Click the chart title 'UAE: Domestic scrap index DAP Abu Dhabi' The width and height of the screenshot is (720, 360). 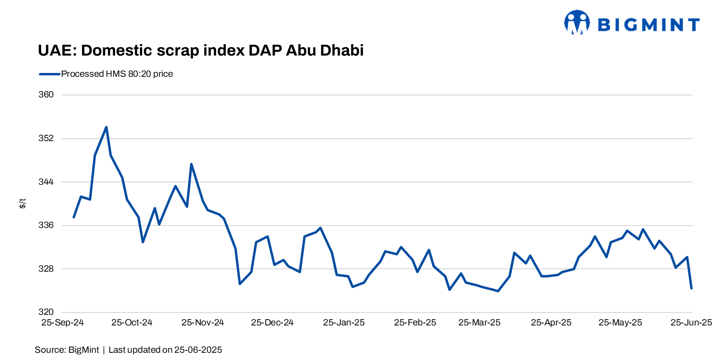(201, 50)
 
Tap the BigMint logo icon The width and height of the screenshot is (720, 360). (576, 23)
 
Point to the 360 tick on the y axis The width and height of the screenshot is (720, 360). (46, 95)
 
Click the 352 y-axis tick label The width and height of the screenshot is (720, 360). (46, 139)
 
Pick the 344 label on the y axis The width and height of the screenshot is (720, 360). (46, 182)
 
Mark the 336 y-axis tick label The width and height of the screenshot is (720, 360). (46, 226)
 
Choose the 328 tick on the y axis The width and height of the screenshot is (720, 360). (46, 269)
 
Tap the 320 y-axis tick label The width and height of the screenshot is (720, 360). (46, 312)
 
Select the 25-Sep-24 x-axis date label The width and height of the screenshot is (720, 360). (62, 323)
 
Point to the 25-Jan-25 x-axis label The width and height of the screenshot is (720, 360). (344, 323)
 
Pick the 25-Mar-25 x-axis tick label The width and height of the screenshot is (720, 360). (480, 323)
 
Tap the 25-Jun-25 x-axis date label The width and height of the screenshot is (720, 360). (691, 323)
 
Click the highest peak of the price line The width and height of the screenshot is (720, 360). (106, 127)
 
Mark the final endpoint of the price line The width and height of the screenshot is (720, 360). (692, 288)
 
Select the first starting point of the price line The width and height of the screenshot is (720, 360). (73, 217)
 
